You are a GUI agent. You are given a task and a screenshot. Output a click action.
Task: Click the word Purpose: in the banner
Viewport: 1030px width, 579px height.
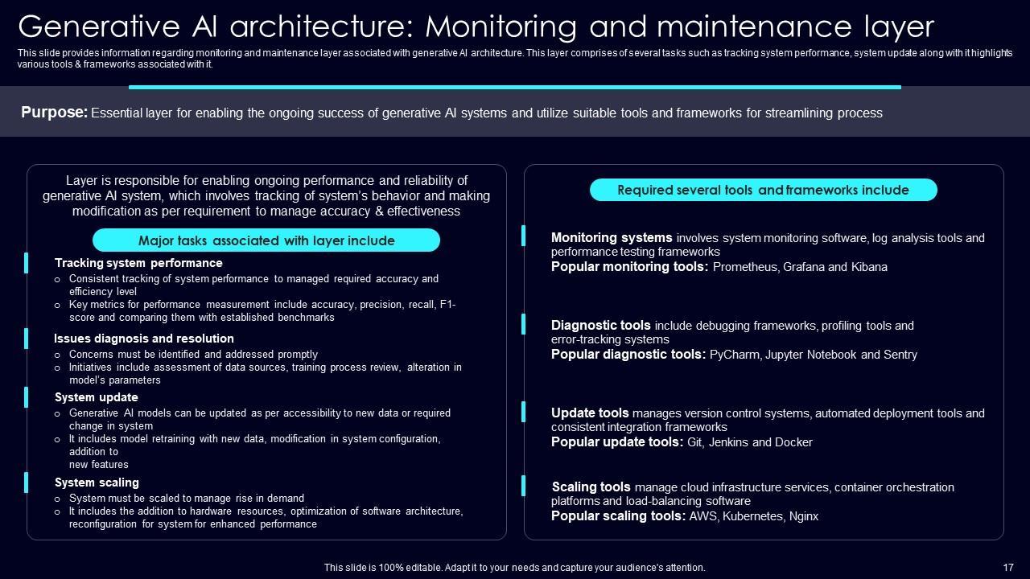pyautogui.click(x=54, y=113)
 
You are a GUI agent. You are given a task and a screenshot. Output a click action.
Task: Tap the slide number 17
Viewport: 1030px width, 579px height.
pyautogui.click(x=1008, y=568)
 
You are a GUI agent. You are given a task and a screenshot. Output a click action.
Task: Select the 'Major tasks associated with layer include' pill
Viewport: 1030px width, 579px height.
pyautogui.click(x=266, y=240)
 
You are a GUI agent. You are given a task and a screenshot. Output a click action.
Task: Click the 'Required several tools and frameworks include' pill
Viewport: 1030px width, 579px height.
pyautogui.click(x=763, y=191)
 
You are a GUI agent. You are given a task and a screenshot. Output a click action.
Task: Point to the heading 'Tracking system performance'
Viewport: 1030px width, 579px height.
pyautogui.click(x=138, y=263)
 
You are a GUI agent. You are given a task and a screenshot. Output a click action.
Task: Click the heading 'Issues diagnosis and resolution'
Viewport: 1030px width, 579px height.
pyautogui.click(x=144, y=339)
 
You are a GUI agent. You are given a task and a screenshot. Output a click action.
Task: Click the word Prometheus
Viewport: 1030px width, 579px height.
pyautogui.click(x=744, y=267)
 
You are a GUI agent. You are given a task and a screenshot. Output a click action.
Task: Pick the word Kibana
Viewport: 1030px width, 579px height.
pyautogui.click(x=869, y=267)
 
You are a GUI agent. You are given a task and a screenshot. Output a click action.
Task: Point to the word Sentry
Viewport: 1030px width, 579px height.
pyautogui.click(x=900, y=355)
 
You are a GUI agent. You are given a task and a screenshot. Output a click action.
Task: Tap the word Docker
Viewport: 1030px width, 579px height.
pyautogui.click(x=793, y=442)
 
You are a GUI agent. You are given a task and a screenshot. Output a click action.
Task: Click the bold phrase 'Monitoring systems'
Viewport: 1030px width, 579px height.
pyautogui.click(x=612, y=238)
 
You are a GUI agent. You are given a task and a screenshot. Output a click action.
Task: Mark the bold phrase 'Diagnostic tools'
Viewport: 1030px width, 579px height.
pyautogui.click(x=601, y=326)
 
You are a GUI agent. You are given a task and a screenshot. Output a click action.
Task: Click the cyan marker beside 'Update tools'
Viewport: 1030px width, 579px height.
pyautogui.click(x=524, y=412)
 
